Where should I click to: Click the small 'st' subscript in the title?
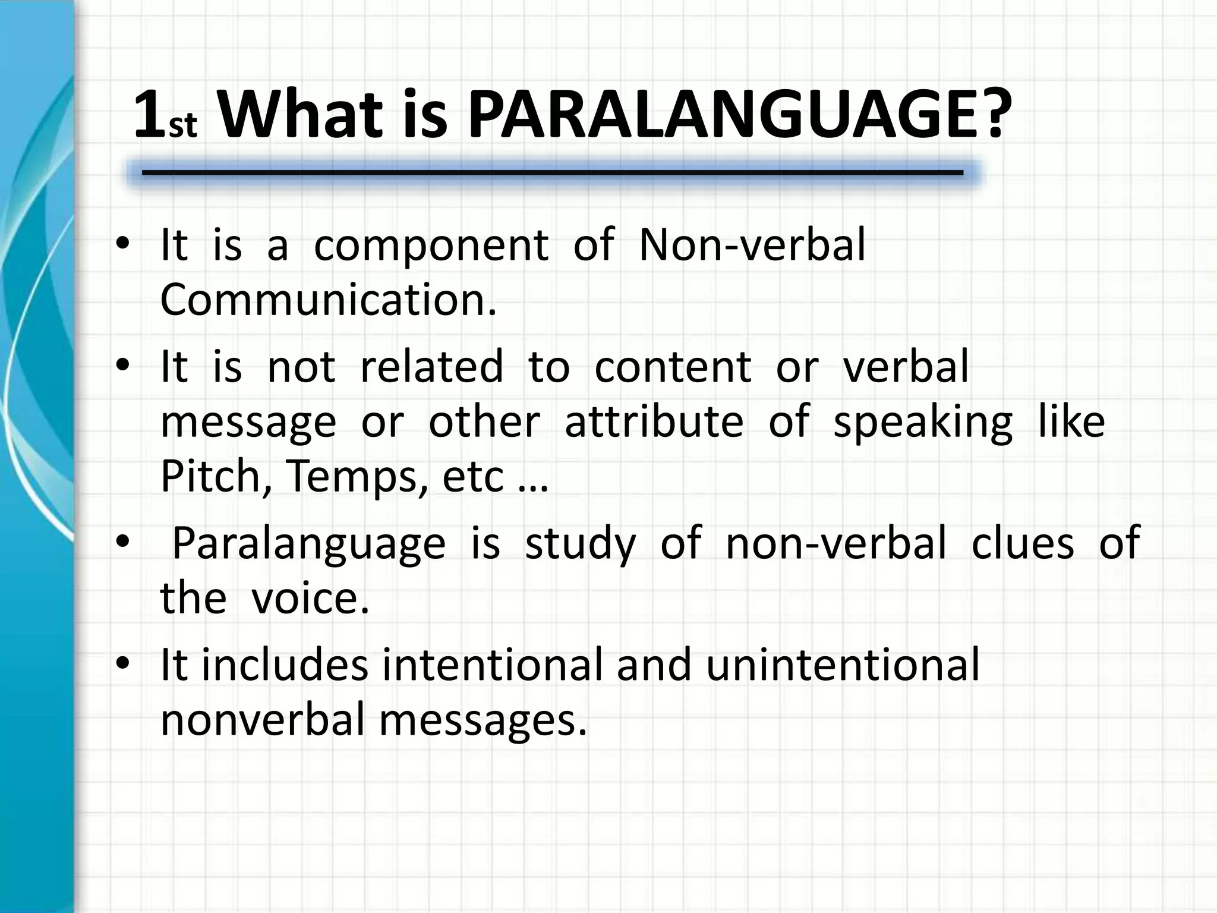tap(183, 127)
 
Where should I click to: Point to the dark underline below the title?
tap(553, 173)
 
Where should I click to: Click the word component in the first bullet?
tap(431, 245)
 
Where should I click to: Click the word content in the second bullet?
tap(673, 366)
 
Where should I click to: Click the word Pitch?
tap(212, 477)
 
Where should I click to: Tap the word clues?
tap(1023, 543)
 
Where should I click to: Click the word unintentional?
tap(843, 665)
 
